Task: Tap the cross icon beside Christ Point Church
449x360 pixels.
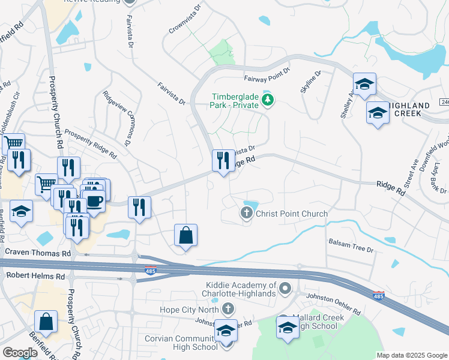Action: [x=246, y=213]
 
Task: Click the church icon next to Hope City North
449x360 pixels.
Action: [x=228, y=309]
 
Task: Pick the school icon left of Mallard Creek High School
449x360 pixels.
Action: [x=288, y=328]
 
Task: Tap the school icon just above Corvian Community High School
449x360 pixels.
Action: [x=226, y=330]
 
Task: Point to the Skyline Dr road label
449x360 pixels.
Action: [x=312, y=82]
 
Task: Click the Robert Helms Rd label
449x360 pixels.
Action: [x=35, y=277]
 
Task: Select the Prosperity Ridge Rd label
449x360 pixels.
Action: [x=90, y=143]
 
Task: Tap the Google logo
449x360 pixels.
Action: [x=19, y=353]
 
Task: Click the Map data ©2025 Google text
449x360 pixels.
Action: [x=411, y=355]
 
